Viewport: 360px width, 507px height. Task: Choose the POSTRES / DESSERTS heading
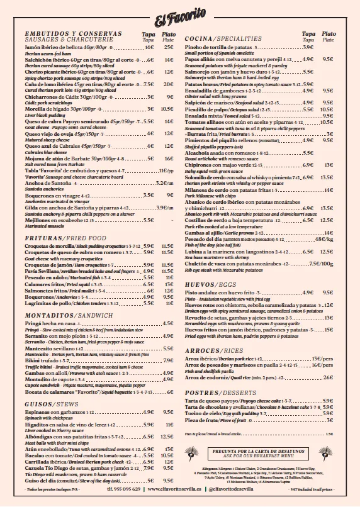coord(217,391)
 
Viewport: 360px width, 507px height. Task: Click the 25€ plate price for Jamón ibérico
coord(169,47)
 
